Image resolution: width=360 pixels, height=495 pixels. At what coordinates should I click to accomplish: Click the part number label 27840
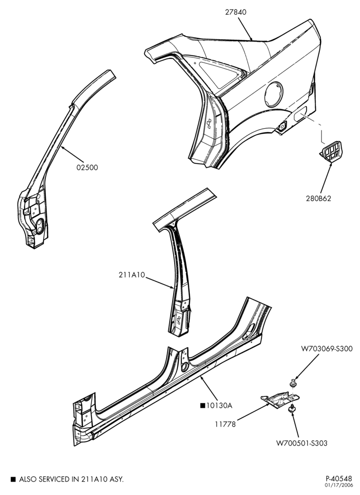tap(236, 12)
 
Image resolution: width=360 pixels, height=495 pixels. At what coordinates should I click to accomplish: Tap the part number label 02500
tap(87, 167)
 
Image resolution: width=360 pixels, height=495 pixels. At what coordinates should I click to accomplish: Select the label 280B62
tap(318, 198)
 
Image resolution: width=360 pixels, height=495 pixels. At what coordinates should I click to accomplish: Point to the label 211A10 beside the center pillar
tap(132, 275)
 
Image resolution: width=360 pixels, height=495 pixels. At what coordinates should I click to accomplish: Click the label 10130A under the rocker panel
tap(219, 406)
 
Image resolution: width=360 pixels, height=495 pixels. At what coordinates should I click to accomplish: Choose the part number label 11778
tap(225, 425)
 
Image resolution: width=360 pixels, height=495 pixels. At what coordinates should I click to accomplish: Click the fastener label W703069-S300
tap(327, 349)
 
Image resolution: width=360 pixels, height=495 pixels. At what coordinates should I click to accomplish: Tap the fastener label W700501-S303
tap(302, 443)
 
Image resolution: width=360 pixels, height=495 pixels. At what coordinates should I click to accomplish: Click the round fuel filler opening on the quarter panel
tap(273, 95)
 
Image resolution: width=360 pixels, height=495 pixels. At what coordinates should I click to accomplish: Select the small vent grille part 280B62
tap(331, 153)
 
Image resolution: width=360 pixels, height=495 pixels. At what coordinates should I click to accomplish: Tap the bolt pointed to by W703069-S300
tap(293, 383)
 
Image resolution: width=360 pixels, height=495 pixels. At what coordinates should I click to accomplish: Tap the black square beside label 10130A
tap(202, 406)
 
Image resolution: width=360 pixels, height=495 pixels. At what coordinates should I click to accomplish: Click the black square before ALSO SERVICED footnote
tap(13, 480)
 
